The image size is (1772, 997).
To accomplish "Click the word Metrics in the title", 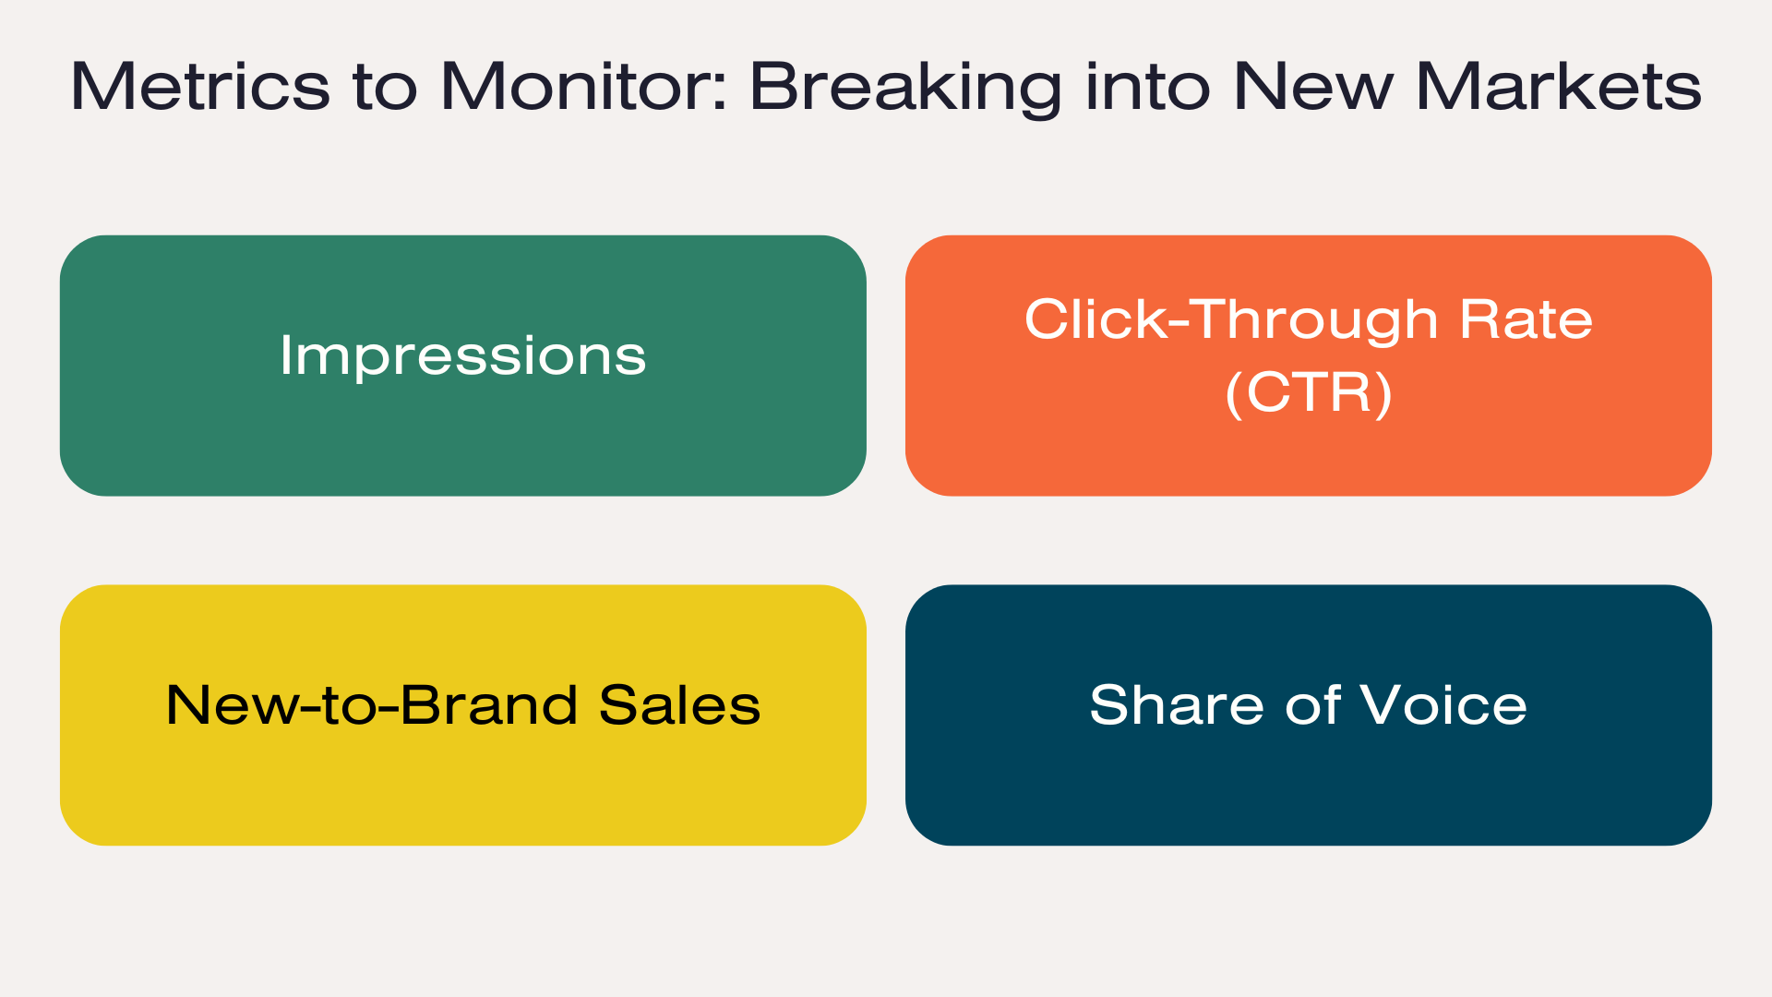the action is tap(200, 87).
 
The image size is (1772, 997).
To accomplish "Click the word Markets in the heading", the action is tap(1559, 87).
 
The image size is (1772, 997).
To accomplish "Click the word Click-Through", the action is tap(1231, 319).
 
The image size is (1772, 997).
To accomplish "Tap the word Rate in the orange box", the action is tap(1527, 319).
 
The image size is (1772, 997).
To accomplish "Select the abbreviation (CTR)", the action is tap(1309, 393).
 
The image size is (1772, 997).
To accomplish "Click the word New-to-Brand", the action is tap(372, 705).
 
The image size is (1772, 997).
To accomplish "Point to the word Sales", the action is tap(680, 705).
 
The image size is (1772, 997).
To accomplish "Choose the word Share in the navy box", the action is tap(1177, 705).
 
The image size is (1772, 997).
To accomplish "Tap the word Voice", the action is tap(1443, 705).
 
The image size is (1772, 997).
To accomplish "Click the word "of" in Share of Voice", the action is tap(1312, 705).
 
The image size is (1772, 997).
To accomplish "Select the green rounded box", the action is tap(463, 366).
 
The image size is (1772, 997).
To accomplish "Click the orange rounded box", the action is tap(1309, 366).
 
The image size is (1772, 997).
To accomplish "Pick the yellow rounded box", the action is tap(463, 715).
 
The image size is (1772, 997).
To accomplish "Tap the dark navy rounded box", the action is tap(1309, 715).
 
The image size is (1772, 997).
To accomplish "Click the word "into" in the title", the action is tap(1147, 87).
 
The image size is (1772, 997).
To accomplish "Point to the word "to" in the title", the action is tap(385, 89).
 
